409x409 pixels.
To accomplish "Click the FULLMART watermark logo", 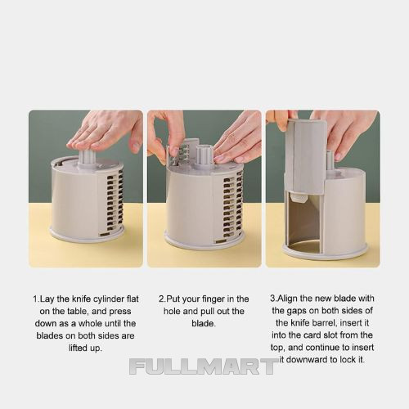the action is tap(204, 366).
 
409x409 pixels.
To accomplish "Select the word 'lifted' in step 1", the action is tap(77, 348).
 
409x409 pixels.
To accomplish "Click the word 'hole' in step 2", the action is tap(172, 311).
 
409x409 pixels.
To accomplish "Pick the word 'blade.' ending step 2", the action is tap(204, 323).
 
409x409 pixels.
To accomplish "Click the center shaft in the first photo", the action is tap(87, 159).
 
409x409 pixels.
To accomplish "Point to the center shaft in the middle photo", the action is tap(204, 156).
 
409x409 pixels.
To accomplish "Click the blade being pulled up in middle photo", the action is tap(182, 153).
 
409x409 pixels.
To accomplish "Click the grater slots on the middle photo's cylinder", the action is tap(233, 207).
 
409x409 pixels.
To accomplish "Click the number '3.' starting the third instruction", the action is tap(273, 299).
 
